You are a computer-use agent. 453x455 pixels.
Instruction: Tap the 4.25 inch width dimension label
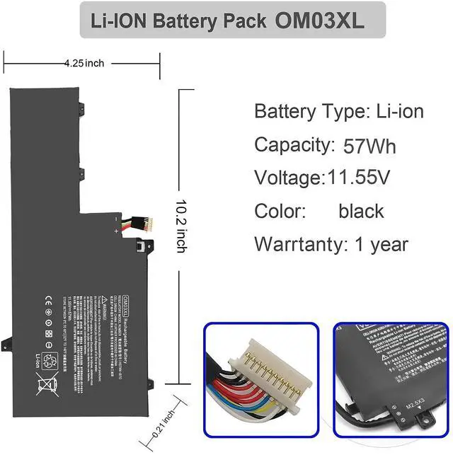84,63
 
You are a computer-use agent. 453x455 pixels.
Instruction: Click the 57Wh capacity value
369,146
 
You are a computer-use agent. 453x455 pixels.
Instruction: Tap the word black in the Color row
361,210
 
